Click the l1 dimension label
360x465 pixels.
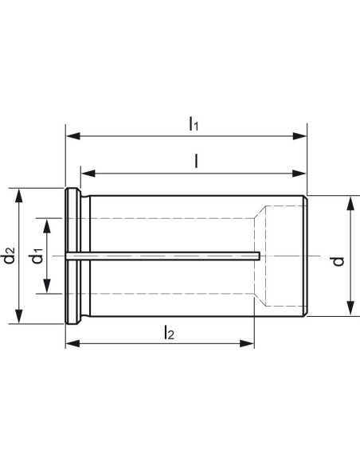(x=194, y=124)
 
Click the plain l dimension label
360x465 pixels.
(x=196, y=162)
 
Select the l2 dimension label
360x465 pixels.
(x=170, y=332)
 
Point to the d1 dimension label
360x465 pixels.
(x=37, y=256)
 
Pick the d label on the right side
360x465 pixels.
(x=338, y=261)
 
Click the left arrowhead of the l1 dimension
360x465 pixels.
(x=73, y=136)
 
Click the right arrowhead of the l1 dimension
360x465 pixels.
(x=299, y=136)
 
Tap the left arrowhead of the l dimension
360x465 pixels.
(x=88, y=174)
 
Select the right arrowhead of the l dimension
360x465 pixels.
(x=299, y=174)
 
